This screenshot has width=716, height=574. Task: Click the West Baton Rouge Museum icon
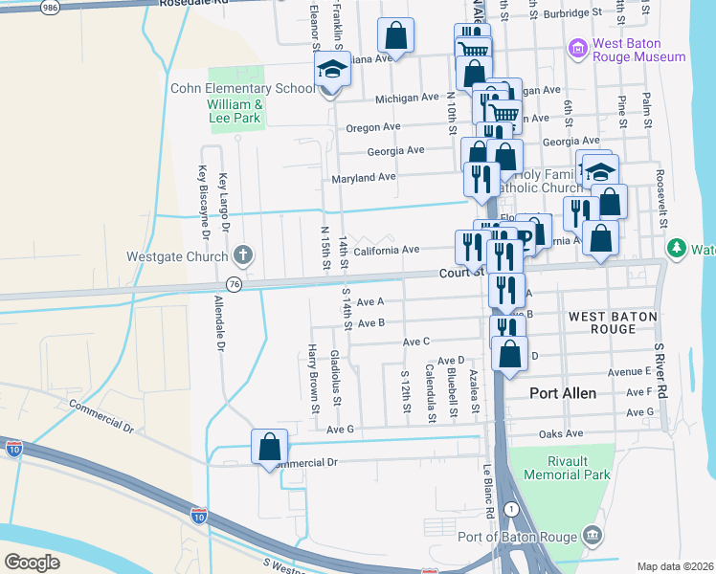[576, 48]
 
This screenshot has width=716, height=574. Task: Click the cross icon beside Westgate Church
[243, 255]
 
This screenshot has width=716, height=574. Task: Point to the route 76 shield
[234, 284]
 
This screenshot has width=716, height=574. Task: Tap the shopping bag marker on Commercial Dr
[270, 447]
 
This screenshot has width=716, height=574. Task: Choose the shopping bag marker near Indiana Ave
[395, 36]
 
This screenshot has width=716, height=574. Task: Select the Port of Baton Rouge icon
[593, 534]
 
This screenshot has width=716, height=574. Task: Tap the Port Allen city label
[564, 393]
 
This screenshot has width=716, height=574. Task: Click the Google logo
[33, 562]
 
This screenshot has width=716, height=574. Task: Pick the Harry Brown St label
[312, 379]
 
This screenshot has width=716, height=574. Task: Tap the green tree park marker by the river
[678, 249]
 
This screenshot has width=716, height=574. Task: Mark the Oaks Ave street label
[561, 434]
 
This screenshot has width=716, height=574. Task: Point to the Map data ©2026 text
[675, 566]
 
